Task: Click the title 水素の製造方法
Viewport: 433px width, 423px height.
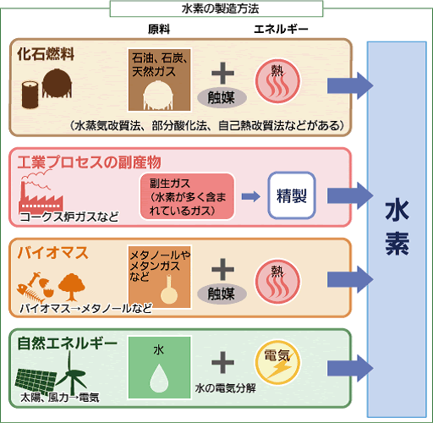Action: [x=220, y=8]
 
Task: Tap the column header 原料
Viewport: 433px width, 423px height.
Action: [x=159, y=29]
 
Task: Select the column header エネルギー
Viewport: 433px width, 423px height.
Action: [x=281, y=29]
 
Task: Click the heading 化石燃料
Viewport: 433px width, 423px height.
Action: [x=46, y=53]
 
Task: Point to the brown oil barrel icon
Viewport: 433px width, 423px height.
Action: [x=30, y=95]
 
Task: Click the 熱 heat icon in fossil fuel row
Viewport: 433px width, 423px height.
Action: [x=277, y=81]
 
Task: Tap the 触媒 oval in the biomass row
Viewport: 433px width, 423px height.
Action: [x=222, y=294]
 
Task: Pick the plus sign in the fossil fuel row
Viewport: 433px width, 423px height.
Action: [x=222, y=73]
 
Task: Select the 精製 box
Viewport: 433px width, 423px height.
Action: [x=292, y=195]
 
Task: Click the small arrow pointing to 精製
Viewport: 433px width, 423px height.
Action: [x=251, y=196]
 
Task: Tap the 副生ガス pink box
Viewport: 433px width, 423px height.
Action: [x=188, y=196]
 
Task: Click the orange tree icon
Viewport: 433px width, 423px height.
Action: [x=72, y=287]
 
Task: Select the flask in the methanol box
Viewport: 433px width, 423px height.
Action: [x=169, y=290]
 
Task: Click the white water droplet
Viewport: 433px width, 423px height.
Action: [x=159, y=378]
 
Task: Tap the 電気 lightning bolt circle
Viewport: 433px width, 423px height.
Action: [x=277, y=363]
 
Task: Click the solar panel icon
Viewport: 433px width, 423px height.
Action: [x=36, y=382]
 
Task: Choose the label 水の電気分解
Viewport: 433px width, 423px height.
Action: [x=226, y=388]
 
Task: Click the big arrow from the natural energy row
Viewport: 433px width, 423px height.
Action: [x=350, y=368]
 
